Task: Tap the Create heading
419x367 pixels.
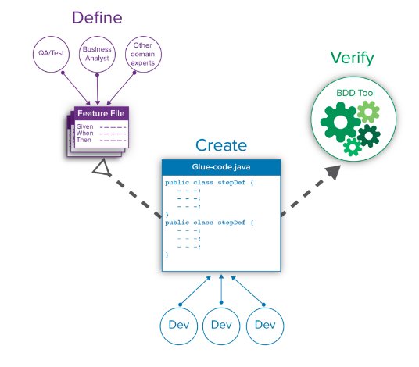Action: (x=221, y=145)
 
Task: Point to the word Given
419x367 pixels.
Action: (x=84, y=126)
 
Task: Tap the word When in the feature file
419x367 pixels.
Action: (x=84, y=133)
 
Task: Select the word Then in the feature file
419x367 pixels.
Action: (x=84, y=140)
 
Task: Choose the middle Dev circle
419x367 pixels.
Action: (x=222, y=324)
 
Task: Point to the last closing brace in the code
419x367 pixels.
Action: (x=167, y=255)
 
